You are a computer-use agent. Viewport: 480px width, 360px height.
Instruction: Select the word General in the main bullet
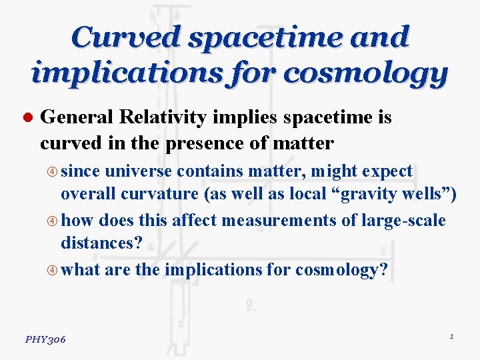[x=77, y=118]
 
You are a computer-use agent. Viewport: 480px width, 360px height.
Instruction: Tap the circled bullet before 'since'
[x=53, y=172]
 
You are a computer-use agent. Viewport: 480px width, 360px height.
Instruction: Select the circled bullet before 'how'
[x=53, y=221]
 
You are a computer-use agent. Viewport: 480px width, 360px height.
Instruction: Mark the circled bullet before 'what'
[x=53, y=270]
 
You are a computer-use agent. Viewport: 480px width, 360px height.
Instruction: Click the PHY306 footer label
[x=45, y=339]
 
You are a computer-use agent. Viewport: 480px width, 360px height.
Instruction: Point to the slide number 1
[x=451, y=337]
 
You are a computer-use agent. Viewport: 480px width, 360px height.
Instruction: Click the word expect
[x=387, y=171]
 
